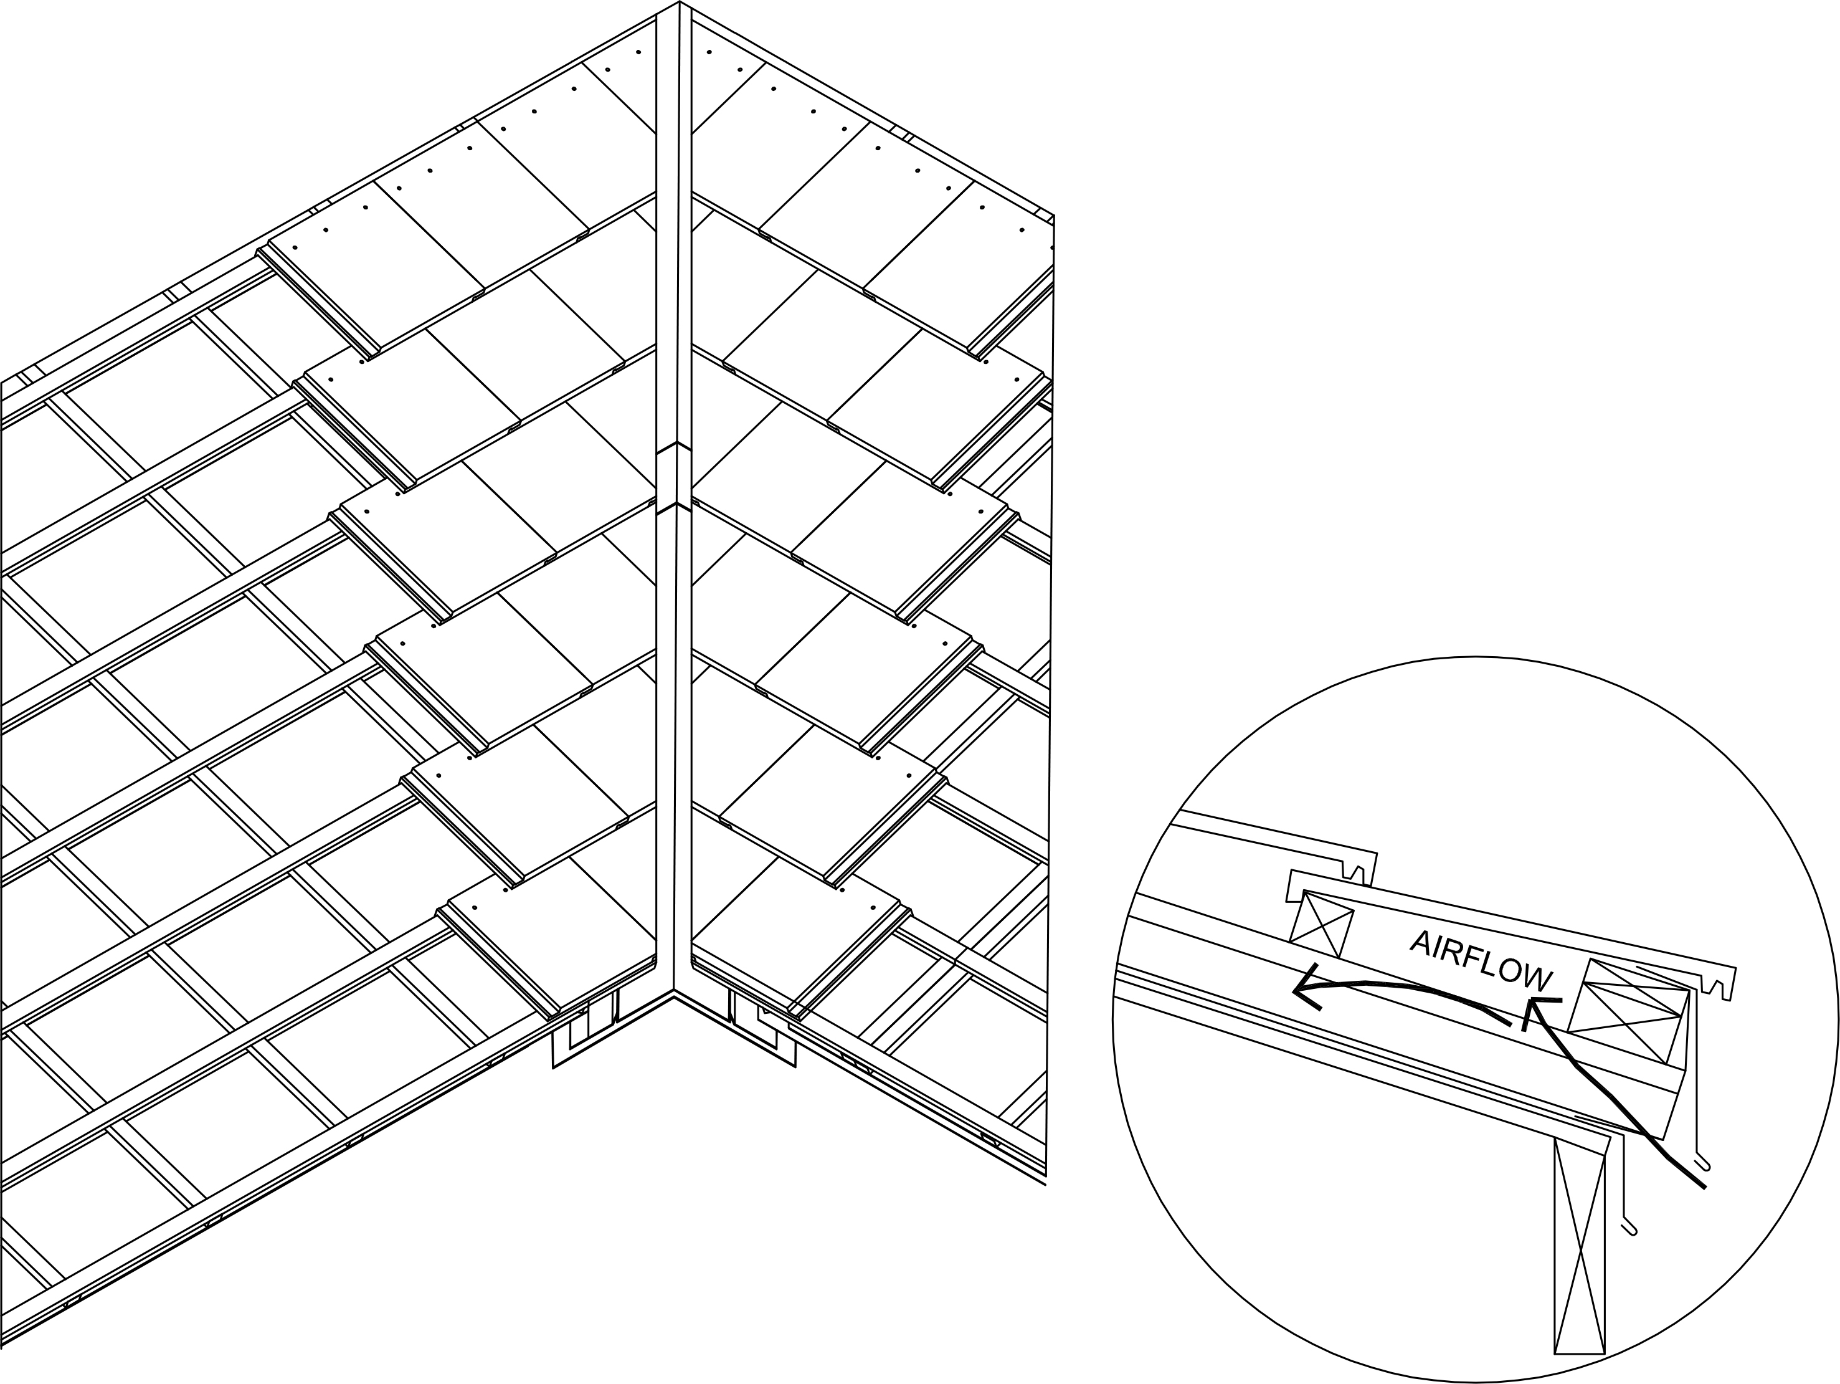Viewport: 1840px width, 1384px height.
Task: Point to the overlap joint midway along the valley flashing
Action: (x=672, y=480)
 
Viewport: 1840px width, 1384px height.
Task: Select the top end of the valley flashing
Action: (x=680, y=5)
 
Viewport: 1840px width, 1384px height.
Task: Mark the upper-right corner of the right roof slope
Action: (x=1054, y=216)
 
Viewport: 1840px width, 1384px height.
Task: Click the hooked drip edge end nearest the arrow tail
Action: (x=1701, y=1162)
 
